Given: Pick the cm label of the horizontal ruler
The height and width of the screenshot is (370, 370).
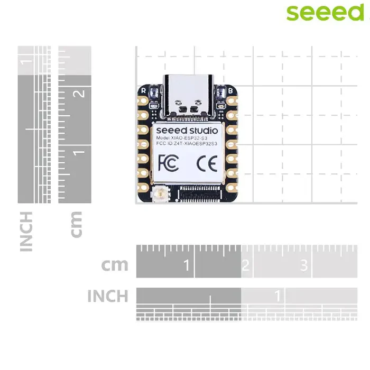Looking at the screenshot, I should pos(115,264).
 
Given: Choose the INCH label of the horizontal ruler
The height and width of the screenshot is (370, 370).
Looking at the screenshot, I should pos(107,296).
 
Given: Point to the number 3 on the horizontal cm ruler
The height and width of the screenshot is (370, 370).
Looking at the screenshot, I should pos(304,265).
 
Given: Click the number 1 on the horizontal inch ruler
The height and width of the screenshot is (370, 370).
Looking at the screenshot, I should pos(277,295).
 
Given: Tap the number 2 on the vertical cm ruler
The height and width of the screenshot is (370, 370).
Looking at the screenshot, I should pos(80,94).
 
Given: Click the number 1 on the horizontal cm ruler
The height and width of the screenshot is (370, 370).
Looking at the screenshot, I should pos(186,265).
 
